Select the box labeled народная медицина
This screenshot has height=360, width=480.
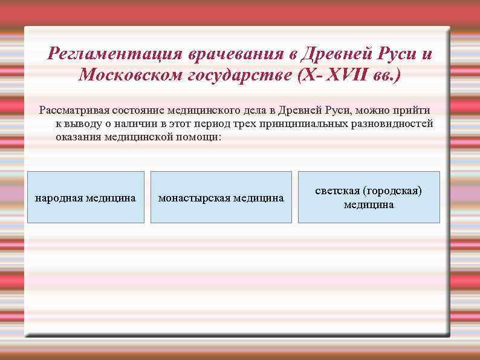coord(86,197)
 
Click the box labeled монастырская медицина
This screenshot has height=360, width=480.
coord(221,197)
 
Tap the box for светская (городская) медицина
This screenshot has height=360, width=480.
coord(369,197)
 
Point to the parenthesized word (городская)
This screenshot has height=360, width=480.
coord(389,191)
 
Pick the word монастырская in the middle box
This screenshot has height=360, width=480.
coord(194,198)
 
